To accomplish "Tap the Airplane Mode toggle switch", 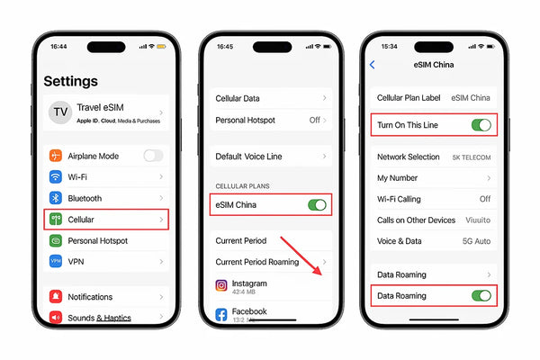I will point(153,156).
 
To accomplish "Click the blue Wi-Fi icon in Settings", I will point(56,177).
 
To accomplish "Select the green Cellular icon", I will point(56,220).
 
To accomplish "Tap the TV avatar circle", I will point(60,112).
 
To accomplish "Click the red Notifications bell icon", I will point(56,297).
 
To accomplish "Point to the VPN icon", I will point(56,262).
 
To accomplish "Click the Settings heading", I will point(70,81).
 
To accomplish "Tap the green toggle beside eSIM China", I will point(317,205).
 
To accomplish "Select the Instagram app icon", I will point(221,285).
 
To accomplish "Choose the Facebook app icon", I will point(221,314).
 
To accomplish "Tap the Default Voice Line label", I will point(248,157).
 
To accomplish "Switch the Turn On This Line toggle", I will point(482,125).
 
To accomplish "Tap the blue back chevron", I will point(373,65).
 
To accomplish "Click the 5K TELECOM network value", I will point(472,157).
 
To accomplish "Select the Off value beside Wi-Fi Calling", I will point(484,199).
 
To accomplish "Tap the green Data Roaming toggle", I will point(482,295).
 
